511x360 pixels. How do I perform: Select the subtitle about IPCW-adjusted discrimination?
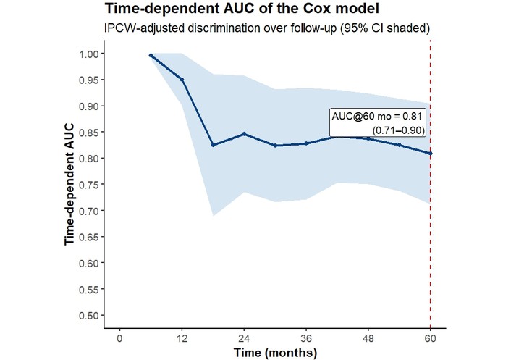268,28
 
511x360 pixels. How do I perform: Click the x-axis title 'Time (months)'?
275,353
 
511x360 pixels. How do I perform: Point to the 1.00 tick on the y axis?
90,54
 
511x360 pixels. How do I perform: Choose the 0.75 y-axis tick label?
90,185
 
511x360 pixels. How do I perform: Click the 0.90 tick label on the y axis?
90,106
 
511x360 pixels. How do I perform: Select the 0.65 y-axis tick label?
90,237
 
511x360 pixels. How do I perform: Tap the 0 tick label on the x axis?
119,338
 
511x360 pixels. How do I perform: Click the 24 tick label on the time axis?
244,338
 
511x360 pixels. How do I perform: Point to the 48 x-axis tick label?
368,338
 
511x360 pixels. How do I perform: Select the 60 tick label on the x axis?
431,338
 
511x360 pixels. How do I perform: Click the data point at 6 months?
151,55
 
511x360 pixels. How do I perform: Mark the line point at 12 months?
182,79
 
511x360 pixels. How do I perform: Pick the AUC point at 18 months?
213,145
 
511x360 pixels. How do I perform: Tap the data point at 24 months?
244,134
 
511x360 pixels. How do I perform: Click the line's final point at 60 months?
431,153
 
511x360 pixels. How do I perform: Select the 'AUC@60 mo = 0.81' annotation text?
377,116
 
